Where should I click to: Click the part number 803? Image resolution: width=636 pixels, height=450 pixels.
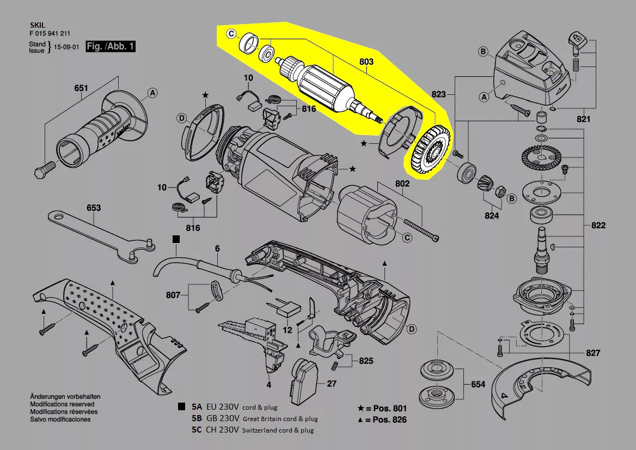click(366, 63)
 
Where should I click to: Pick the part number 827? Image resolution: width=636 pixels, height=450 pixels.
click(593, 353)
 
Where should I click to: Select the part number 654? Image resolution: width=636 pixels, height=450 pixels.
click(478, 384)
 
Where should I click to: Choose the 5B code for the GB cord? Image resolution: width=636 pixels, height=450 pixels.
click(196, 418)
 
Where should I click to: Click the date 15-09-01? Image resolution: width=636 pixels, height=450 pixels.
click(66, 47)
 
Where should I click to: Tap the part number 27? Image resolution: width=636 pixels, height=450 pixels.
click(332, 383)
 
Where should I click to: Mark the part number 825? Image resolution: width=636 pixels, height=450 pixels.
click(366, 361)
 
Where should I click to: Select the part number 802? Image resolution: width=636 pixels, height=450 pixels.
click(402, 184)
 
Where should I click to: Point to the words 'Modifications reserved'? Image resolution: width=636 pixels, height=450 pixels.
click(62, 404)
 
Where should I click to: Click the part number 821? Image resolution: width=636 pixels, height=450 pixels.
click(583, 119)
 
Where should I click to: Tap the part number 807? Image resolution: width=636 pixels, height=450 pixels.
click(174, 295)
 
